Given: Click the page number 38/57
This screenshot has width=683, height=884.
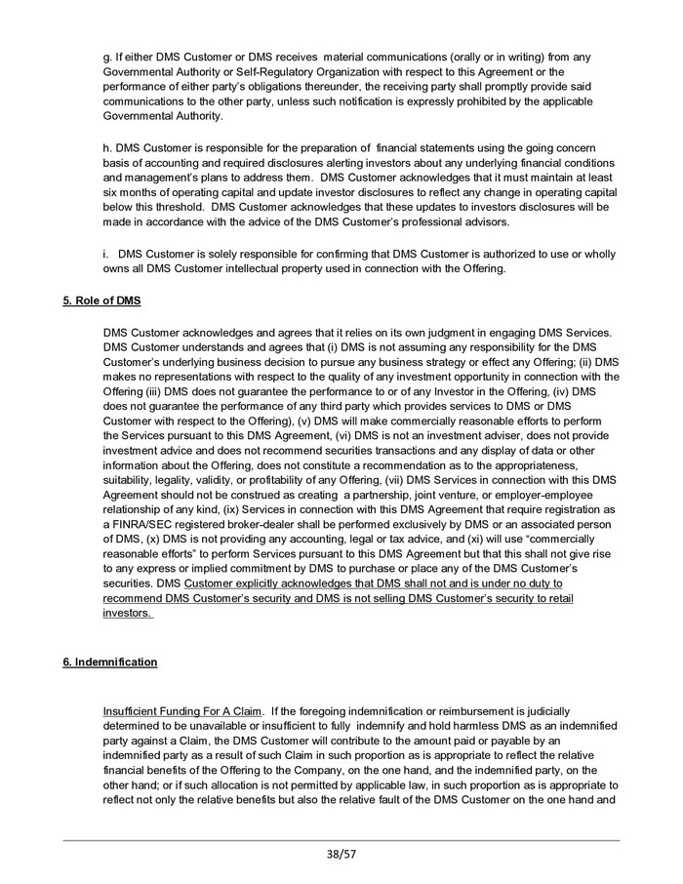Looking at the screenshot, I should click(341, 856).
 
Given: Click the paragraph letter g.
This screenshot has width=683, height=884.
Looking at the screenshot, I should click(105, 58).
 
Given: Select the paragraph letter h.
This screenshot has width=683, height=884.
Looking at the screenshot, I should click(105, 146).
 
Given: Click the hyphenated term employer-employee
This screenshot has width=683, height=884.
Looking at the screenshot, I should click(564, 510).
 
